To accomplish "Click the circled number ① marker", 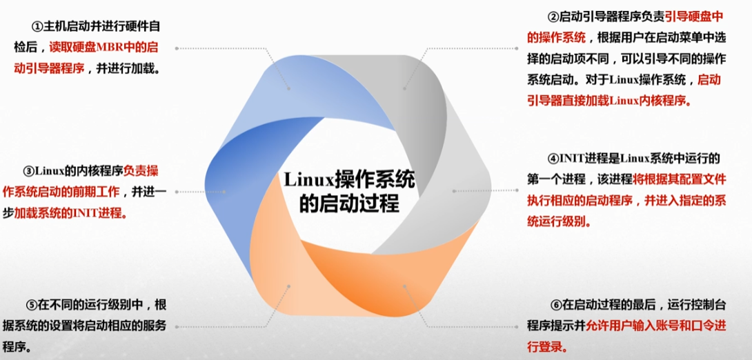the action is click(37, 27).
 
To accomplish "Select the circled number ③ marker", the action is click(28, 171).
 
